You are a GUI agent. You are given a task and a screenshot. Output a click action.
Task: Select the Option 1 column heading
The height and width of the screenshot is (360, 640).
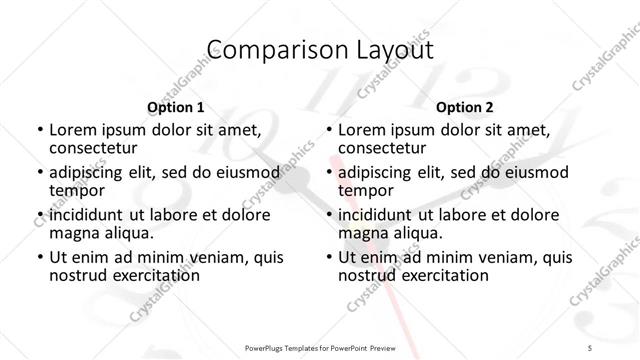(175, 106)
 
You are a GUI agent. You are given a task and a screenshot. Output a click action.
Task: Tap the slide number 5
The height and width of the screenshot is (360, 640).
(590, 346)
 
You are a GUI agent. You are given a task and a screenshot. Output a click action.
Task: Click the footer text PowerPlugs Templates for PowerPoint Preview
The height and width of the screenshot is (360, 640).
(320, 346)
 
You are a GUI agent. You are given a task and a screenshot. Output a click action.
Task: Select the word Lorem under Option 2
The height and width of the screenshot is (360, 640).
(361, 129)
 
